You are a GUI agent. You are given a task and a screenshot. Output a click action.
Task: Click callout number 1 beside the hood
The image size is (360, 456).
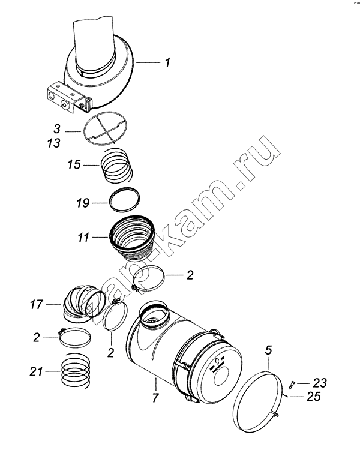tap(167, 62)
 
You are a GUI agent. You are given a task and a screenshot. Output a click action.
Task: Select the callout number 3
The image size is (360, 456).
tap(57, 128)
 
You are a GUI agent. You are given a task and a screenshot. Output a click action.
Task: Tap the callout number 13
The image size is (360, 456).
tap(54, 143)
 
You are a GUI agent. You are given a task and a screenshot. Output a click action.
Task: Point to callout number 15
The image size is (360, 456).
tap(74, 164)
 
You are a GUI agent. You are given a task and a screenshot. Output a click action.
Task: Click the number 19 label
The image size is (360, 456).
tap(83, 203)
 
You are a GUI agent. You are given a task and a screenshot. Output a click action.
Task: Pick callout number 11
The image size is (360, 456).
tap(83, 238)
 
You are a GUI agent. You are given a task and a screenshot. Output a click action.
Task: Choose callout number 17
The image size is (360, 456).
tap(37, 305)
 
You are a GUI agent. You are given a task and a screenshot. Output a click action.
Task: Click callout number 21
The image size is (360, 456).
tap(36, 371)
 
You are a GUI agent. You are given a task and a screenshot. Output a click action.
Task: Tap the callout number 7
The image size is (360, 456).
tap(155, 398)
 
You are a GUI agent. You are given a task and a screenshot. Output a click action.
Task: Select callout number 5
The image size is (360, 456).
tap(268, 350)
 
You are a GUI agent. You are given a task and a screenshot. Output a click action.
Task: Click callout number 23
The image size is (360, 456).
tap(320, 383)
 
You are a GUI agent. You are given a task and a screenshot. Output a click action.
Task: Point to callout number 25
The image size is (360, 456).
tap(314, 397)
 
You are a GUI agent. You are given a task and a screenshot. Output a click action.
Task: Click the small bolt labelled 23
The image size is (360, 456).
tap(292, 385)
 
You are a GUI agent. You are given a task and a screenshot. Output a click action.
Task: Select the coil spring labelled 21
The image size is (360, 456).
tap(76, 371)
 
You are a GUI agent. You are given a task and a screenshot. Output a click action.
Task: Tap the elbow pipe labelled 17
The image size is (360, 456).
tap(83, 304)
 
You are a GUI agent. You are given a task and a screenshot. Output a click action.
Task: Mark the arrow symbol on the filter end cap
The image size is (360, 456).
tap(217, 361)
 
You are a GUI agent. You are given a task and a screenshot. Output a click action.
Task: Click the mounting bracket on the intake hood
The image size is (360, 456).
tap(69, 97)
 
